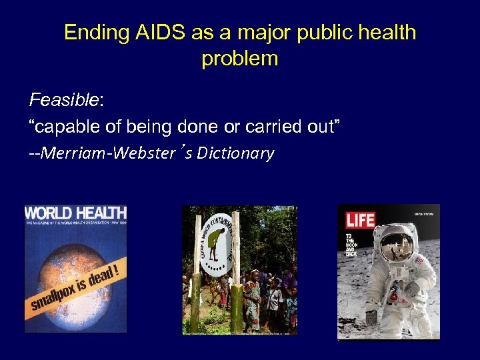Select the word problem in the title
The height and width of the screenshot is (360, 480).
[x=239, y=59]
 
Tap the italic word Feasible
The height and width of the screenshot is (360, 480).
[x=63, y=101]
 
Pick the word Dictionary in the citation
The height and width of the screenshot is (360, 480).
[x=235, y=153]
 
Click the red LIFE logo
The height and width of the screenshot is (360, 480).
[x=360, y=219]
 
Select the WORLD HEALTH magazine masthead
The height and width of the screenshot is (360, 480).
[x=75, y=214]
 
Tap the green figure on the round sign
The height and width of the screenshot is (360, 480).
[x=215, y=249]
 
